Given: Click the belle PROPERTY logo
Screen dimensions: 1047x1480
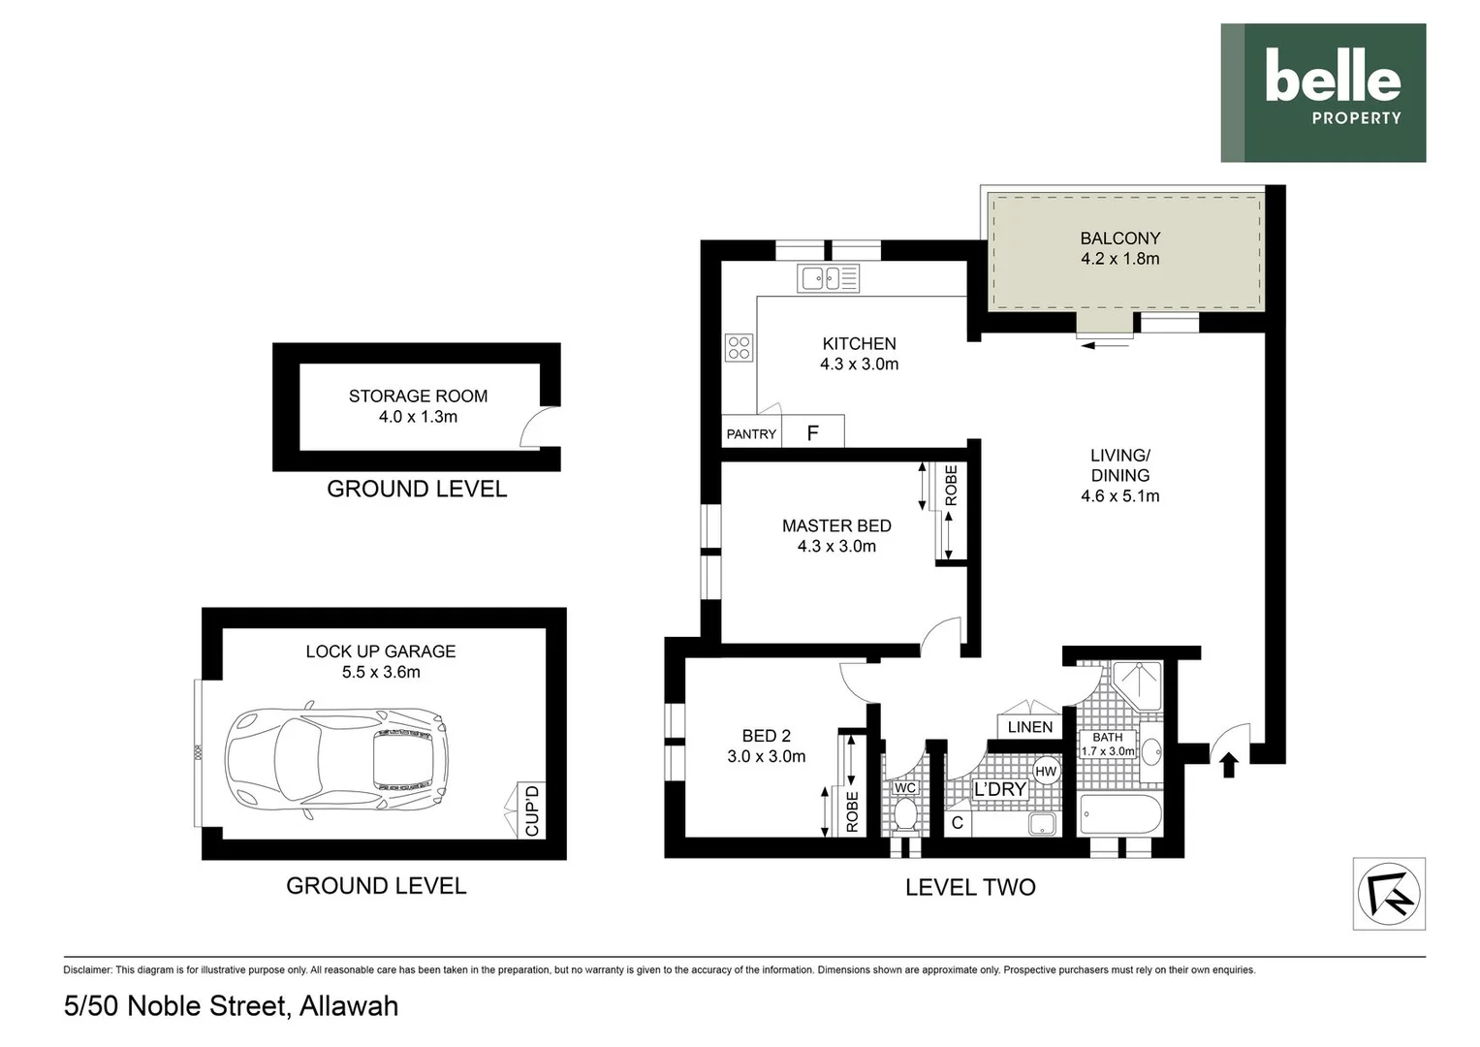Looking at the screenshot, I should (x=1323, y=93).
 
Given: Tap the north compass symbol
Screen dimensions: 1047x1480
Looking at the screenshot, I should (x=1389, y=894).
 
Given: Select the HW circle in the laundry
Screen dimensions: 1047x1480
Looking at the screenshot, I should (x=1046, y=772).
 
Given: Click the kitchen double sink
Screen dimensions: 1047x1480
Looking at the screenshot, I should (x=828, y=279).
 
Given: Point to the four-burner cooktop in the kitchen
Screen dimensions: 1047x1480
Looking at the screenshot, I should (x=739, y=347).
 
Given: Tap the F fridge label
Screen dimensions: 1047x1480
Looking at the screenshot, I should (x=812, y=433).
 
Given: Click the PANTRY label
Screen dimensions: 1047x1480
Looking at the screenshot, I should (x=751, y=434).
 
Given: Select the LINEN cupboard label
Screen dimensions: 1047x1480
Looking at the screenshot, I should (x=1029, y=727).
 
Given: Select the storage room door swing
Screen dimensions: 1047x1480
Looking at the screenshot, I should (x=534, y=427).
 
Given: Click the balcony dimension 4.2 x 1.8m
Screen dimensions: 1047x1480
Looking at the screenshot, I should (x=1119, y=259).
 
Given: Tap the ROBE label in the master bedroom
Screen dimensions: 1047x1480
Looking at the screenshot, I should (x=951, y=485).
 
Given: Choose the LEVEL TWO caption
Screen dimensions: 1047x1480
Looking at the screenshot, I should (x=969, y=887).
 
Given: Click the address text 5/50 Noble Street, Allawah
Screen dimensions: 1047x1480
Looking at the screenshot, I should (x=231, y=1006).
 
